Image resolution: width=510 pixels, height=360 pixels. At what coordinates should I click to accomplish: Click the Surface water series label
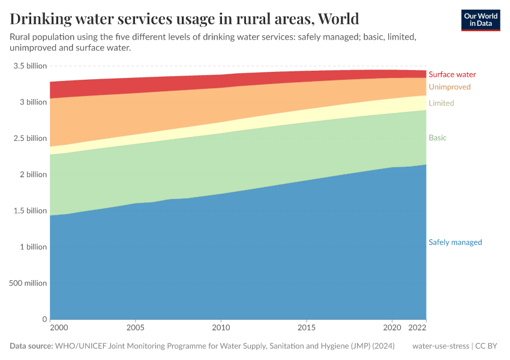click(x=452, y=74)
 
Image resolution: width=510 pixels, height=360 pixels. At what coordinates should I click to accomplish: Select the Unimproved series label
click(x=449, y=88)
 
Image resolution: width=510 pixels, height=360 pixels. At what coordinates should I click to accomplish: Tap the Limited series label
click(x=441, y=103)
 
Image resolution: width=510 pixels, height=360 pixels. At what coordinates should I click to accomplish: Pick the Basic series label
click(x=437, y=138)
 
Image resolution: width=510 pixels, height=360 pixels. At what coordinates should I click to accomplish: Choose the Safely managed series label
click(x=455, y=242)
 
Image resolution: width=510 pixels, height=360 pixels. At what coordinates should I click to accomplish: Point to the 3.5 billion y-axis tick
click(x=30, y=66)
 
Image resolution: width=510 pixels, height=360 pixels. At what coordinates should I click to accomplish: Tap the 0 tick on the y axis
click(x=44, y=319)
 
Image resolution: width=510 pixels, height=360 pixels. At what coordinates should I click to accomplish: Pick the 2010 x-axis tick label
click(x=221, y=329)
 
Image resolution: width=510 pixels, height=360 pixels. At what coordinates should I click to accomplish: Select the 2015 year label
click(x=307, y=329)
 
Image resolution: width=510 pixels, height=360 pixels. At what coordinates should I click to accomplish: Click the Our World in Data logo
click(x=480, y=20)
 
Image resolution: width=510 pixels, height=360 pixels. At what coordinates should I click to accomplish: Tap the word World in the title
click(x=338, y=19)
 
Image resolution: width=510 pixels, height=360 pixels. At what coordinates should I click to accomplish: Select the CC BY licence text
click(x=487, y=346)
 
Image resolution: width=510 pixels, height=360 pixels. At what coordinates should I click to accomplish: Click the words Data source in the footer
click(x=31, y=346)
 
